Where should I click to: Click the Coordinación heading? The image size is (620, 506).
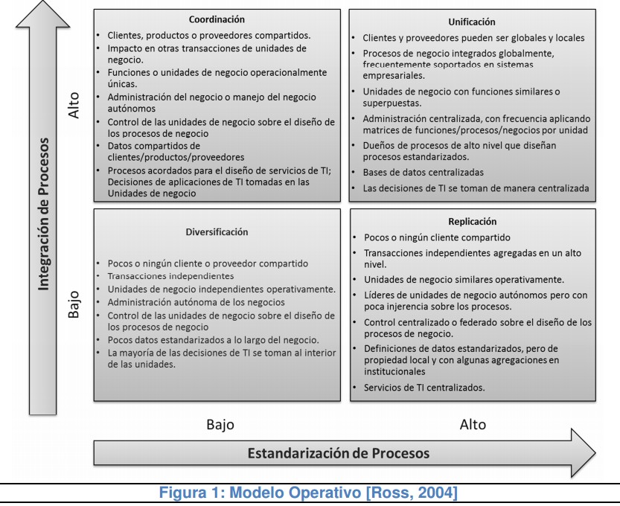(x=217, y=19)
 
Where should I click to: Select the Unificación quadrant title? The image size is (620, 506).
(x=472, y=22)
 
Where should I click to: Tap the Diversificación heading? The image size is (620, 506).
(x=217, y=232)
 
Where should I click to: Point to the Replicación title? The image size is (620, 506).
(x=472, y=221)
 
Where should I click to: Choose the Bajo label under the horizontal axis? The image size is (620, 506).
(x=220, y=425)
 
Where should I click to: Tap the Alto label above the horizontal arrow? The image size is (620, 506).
(x=473, y=425)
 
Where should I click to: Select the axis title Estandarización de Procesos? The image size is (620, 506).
(x=338, y=452)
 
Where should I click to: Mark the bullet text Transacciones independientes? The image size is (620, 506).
(x=170, y=276)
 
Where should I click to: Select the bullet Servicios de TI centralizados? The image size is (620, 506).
(x=424, y=388)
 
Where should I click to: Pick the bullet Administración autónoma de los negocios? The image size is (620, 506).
(x=196, y=302)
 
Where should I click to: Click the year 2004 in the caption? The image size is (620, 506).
(x=439, y=493)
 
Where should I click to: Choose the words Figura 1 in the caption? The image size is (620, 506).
(x=193, y=493)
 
